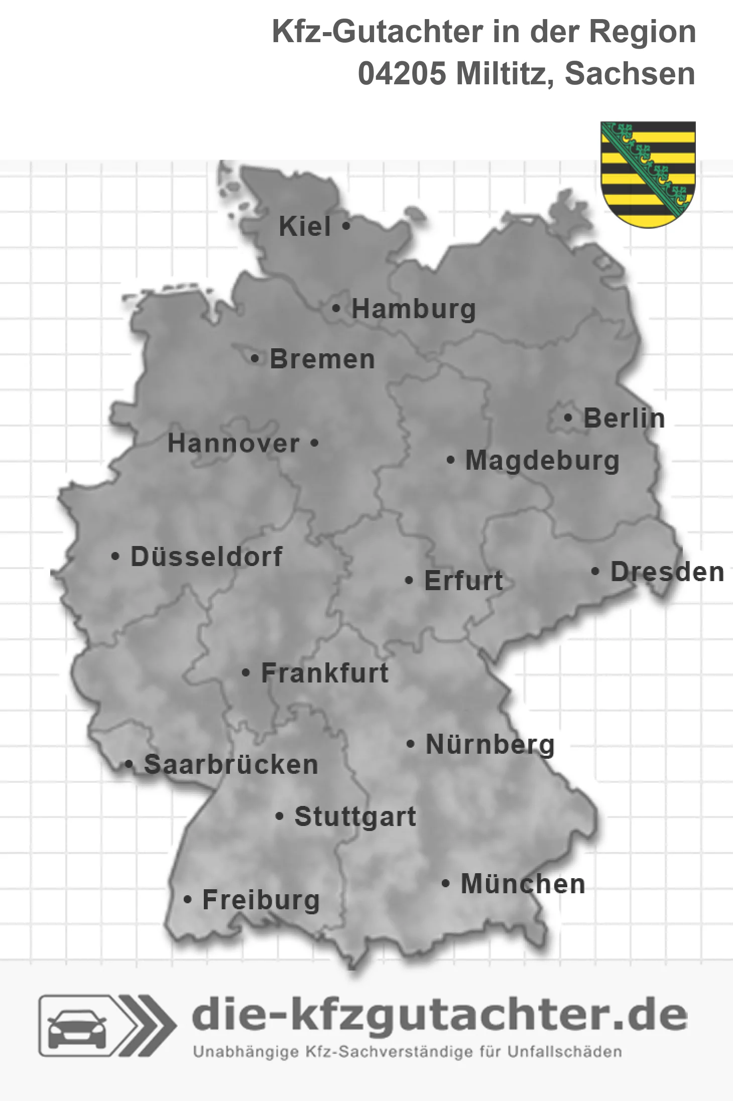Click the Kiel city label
(305, 226)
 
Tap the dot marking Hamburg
(336, 309)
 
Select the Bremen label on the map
(322, 359)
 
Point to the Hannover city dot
(315, 443)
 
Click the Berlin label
(624, 418)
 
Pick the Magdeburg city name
(542, 461)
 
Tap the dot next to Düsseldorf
(115, 556)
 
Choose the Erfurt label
(463, 581)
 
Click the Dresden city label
(667, 572)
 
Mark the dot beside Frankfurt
(246, 672)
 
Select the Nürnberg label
(490, 744)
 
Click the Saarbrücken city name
(231, 765)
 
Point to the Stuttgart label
(355, 816)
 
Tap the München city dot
(445, 883)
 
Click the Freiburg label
(261, 900)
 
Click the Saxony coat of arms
(648, 174)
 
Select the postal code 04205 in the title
(402, 74)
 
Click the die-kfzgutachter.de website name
(439, 1015)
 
